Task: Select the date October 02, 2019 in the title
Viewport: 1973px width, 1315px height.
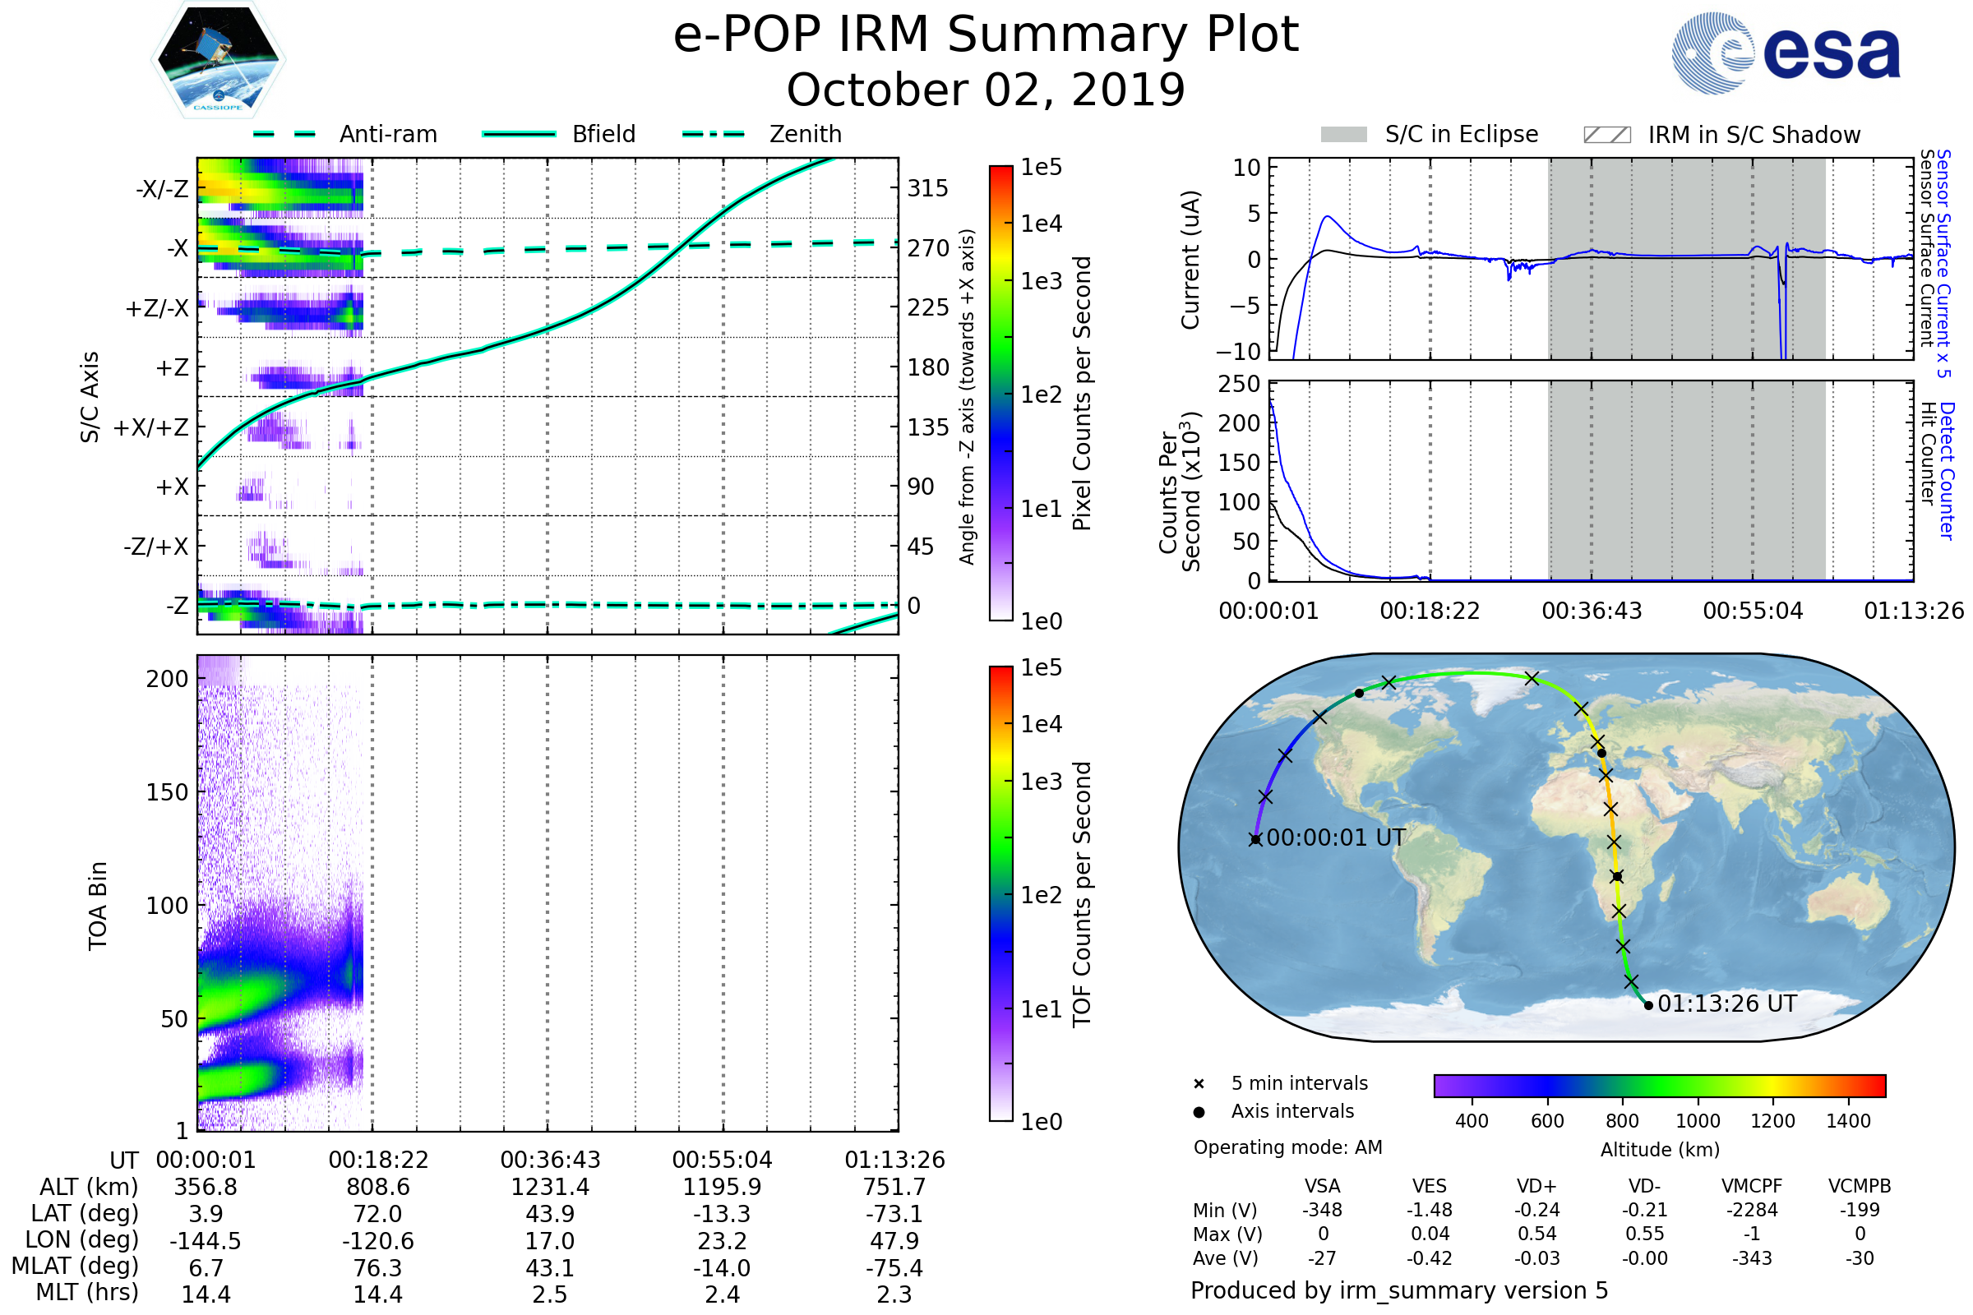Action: click(986, 90)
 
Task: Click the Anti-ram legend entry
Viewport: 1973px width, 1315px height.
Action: click(387, 134)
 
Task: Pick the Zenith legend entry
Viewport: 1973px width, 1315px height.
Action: click(805, 134)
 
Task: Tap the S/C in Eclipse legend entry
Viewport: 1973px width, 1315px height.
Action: click(1461, 134)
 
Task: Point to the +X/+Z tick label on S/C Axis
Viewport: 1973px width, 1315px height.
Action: click(151, 427)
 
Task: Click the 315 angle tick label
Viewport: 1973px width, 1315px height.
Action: click(927, 189)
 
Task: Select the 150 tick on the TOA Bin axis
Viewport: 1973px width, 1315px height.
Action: click(167, 792)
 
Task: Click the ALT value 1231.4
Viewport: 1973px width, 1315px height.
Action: click(550, 1188)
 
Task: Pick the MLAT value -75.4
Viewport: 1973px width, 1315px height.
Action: click(894, 1268)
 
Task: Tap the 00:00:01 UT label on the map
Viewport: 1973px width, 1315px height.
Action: click(1335, 837)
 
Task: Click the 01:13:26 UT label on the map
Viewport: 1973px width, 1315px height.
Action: click(1726, 1004)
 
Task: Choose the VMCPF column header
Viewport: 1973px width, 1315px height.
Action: click(1752, 1187)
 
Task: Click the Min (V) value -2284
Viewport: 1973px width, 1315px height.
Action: click(1752, 1210)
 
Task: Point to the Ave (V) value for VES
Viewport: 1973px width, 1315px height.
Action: click(1430, 1258)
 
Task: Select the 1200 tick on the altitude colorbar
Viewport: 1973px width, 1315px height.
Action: click(1772, 1121)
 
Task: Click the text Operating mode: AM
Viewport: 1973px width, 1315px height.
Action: click(1287, 1147)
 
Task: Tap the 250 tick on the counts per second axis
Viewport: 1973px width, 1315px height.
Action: click(1239, 384)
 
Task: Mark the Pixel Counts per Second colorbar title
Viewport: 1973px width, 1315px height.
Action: click(1082, 394)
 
